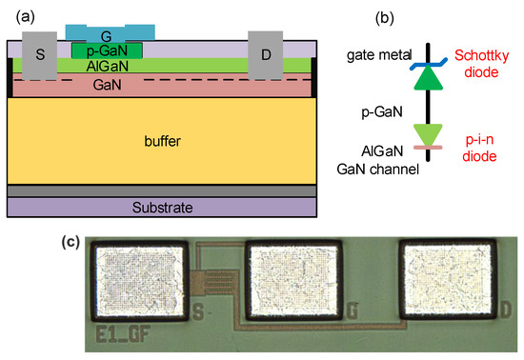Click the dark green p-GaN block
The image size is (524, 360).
coord(108,49)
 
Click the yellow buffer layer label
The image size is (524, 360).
coord(161,142)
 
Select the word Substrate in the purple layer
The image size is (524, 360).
coord(161,207)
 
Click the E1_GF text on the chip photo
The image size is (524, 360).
coord(119,334)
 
